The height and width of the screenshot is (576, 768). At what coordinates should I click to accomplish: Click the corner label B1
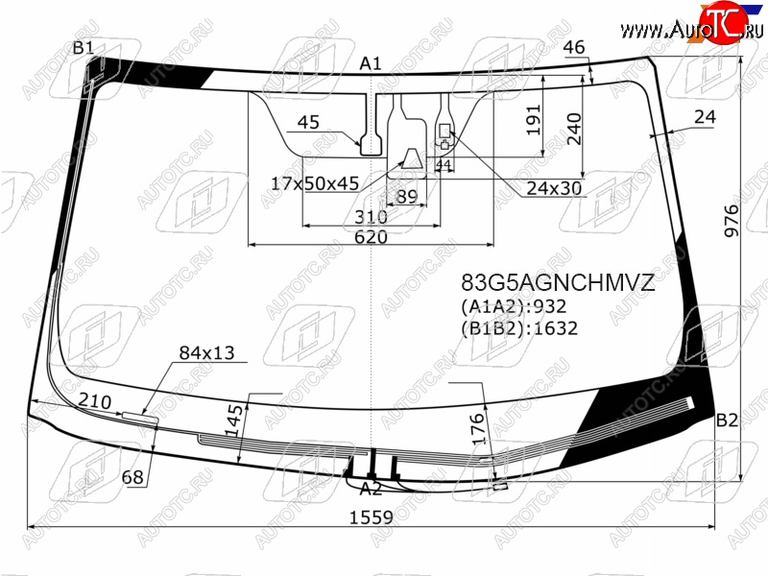(83, 49)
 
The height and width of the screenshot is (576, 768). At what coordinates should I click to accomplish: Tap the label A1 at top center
(371, 63)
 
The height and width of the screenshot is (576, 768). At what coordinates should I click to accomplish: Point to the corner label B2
(727, 420)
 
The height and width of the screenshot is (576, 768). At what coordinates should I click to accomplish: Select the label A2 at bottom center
(371, 489)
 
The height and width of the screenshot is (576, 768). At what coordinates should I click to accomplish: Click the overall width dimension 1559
(371, 517)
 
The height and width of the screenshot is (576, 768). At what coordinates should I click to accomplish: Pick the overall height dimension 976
(731, 221)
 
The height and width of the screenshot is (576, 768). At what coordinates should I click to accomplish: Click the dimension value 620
(371, 237)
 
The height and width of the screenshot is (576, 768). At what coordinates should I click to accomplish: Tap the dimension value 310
(371, 217)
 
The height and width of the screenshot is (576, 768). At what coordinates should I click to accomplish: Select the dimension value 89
(407, 197)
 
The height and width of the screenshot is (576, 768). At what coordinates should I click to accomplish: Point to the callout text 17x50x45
(315, 183)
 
